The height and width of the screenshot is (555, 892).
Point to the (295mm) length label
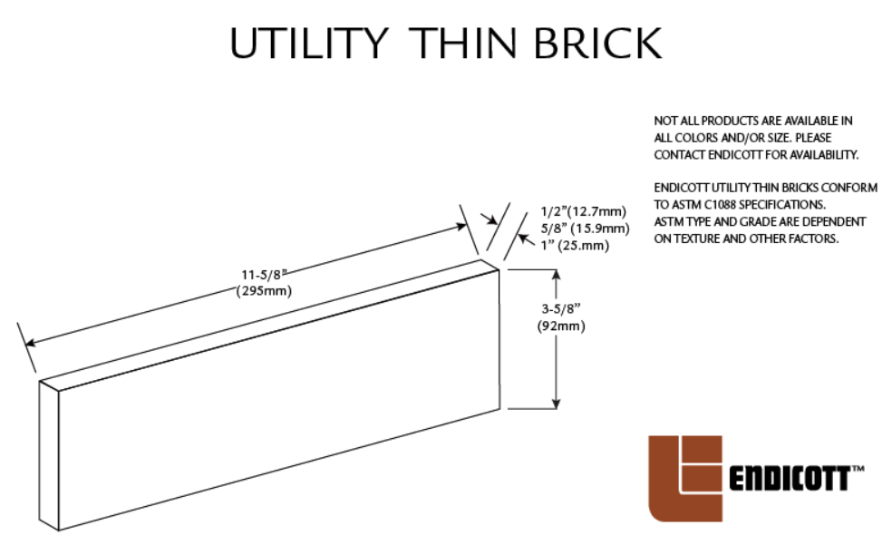click(264, 290)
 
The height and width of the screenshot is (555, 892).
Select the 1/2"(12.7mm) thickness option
click(582, 212)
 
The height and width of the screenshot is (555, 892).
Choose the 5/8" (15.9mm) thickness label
click(584, 228)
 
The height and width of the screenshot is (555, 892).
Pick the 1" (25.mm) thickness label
click(574, 245)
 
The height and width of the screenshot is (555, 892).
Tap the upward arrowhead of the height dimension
click(556, 274)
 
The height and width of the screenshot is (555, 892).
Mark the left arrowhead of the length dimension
click(30, 343)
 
